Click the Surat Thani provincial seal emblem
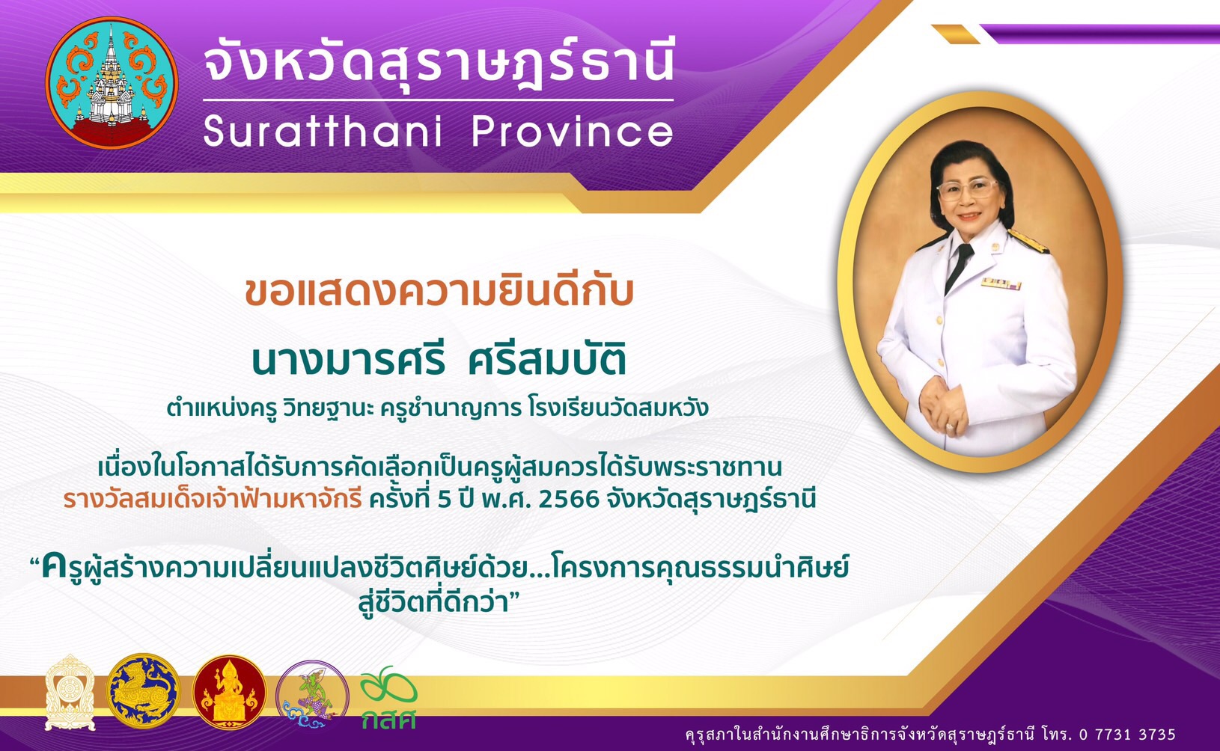[112, 83]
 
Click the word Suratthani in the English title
[322, 131]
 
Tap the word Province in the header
[573, 131]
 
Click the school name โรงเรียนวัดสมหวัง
[618, 408]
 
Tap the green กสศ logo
[388, 698]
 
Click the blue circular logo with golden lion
[143, 691]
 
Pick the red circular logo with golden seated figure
[230, 692]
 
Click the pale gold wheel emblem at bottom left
[70, 692]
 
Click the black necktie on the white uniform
[959, 266]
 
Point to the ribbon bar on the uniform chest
[1001, 283]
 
